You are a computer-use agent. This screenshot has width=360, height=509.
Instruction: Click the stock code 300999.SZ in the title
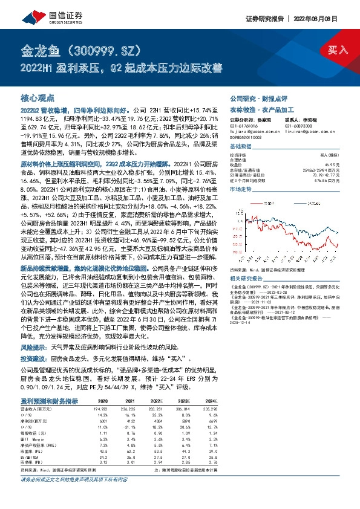[x=97, y=48]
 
